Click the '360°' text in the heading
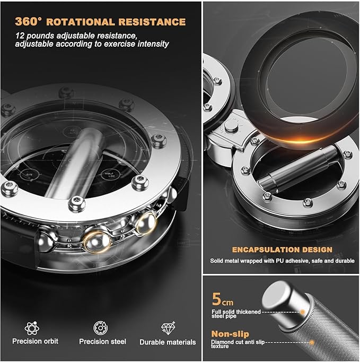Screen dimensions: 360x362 pos(29,21)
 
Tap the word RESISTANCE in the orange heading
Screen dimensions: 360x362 pos(152,22)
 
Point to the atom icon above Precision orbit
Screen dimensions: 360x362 pos(32,328)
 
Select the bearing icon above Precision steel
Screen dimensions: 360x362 pos(100,327)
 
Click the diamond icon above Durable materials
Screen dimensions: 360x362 pos(168,328)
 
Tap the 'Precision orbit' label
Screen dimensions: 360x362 pos(36,341)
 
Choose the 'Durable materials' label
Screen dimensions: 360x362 pos(168,342)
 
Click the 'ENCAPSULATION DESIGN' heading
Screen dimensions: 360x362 pos(282,249)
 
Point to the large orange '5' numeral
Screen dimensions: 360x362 pos(216,299)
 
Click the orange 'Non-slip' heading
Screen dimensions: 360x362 pos(230,334)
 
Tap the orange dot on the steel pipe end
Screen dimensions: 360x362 pos(303,312)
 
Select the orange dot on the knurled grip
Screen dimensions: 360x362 pos(312,342)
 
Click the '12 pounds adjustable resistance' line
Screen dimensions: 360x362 pos(76,36)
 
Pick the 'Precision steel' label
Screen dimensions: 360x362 pos(103,341)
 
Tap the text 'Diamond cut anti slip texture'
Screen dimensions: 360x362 pos(238,344)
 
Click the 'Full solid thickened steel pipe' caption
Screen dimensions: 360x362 pos(236,314)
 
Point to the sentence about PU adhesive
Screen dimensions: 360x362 pos(282,261)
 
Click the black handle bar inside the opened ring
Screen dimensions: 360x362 pos(297,168)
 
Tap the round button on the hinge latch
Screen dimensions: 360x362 pos(231,126)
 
